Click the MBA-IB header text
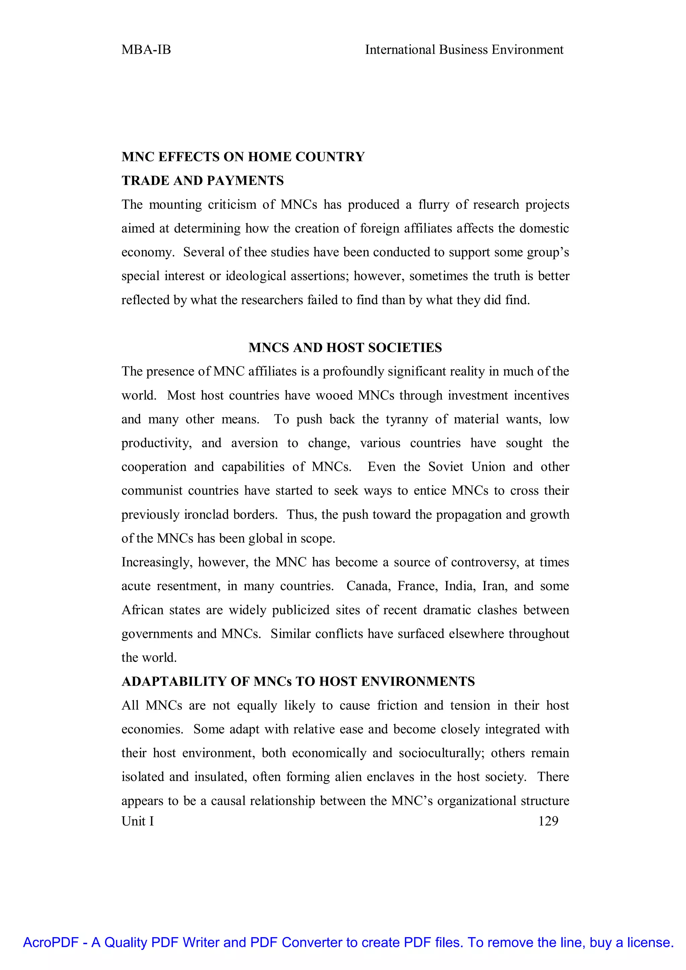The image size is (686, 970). click(x=146, y=50)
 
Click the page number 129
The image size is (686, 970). click(x=548, y=821)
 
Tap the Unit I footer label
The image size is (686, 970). click(x=138, y=821)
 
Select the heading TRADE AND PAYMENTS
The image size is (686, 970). click(x=202, y=181)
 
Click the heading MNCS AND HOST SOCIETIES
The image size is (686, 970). click(x=345, y=347)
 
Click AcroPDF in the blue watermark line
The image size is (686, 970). click(x=51, y=943)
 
